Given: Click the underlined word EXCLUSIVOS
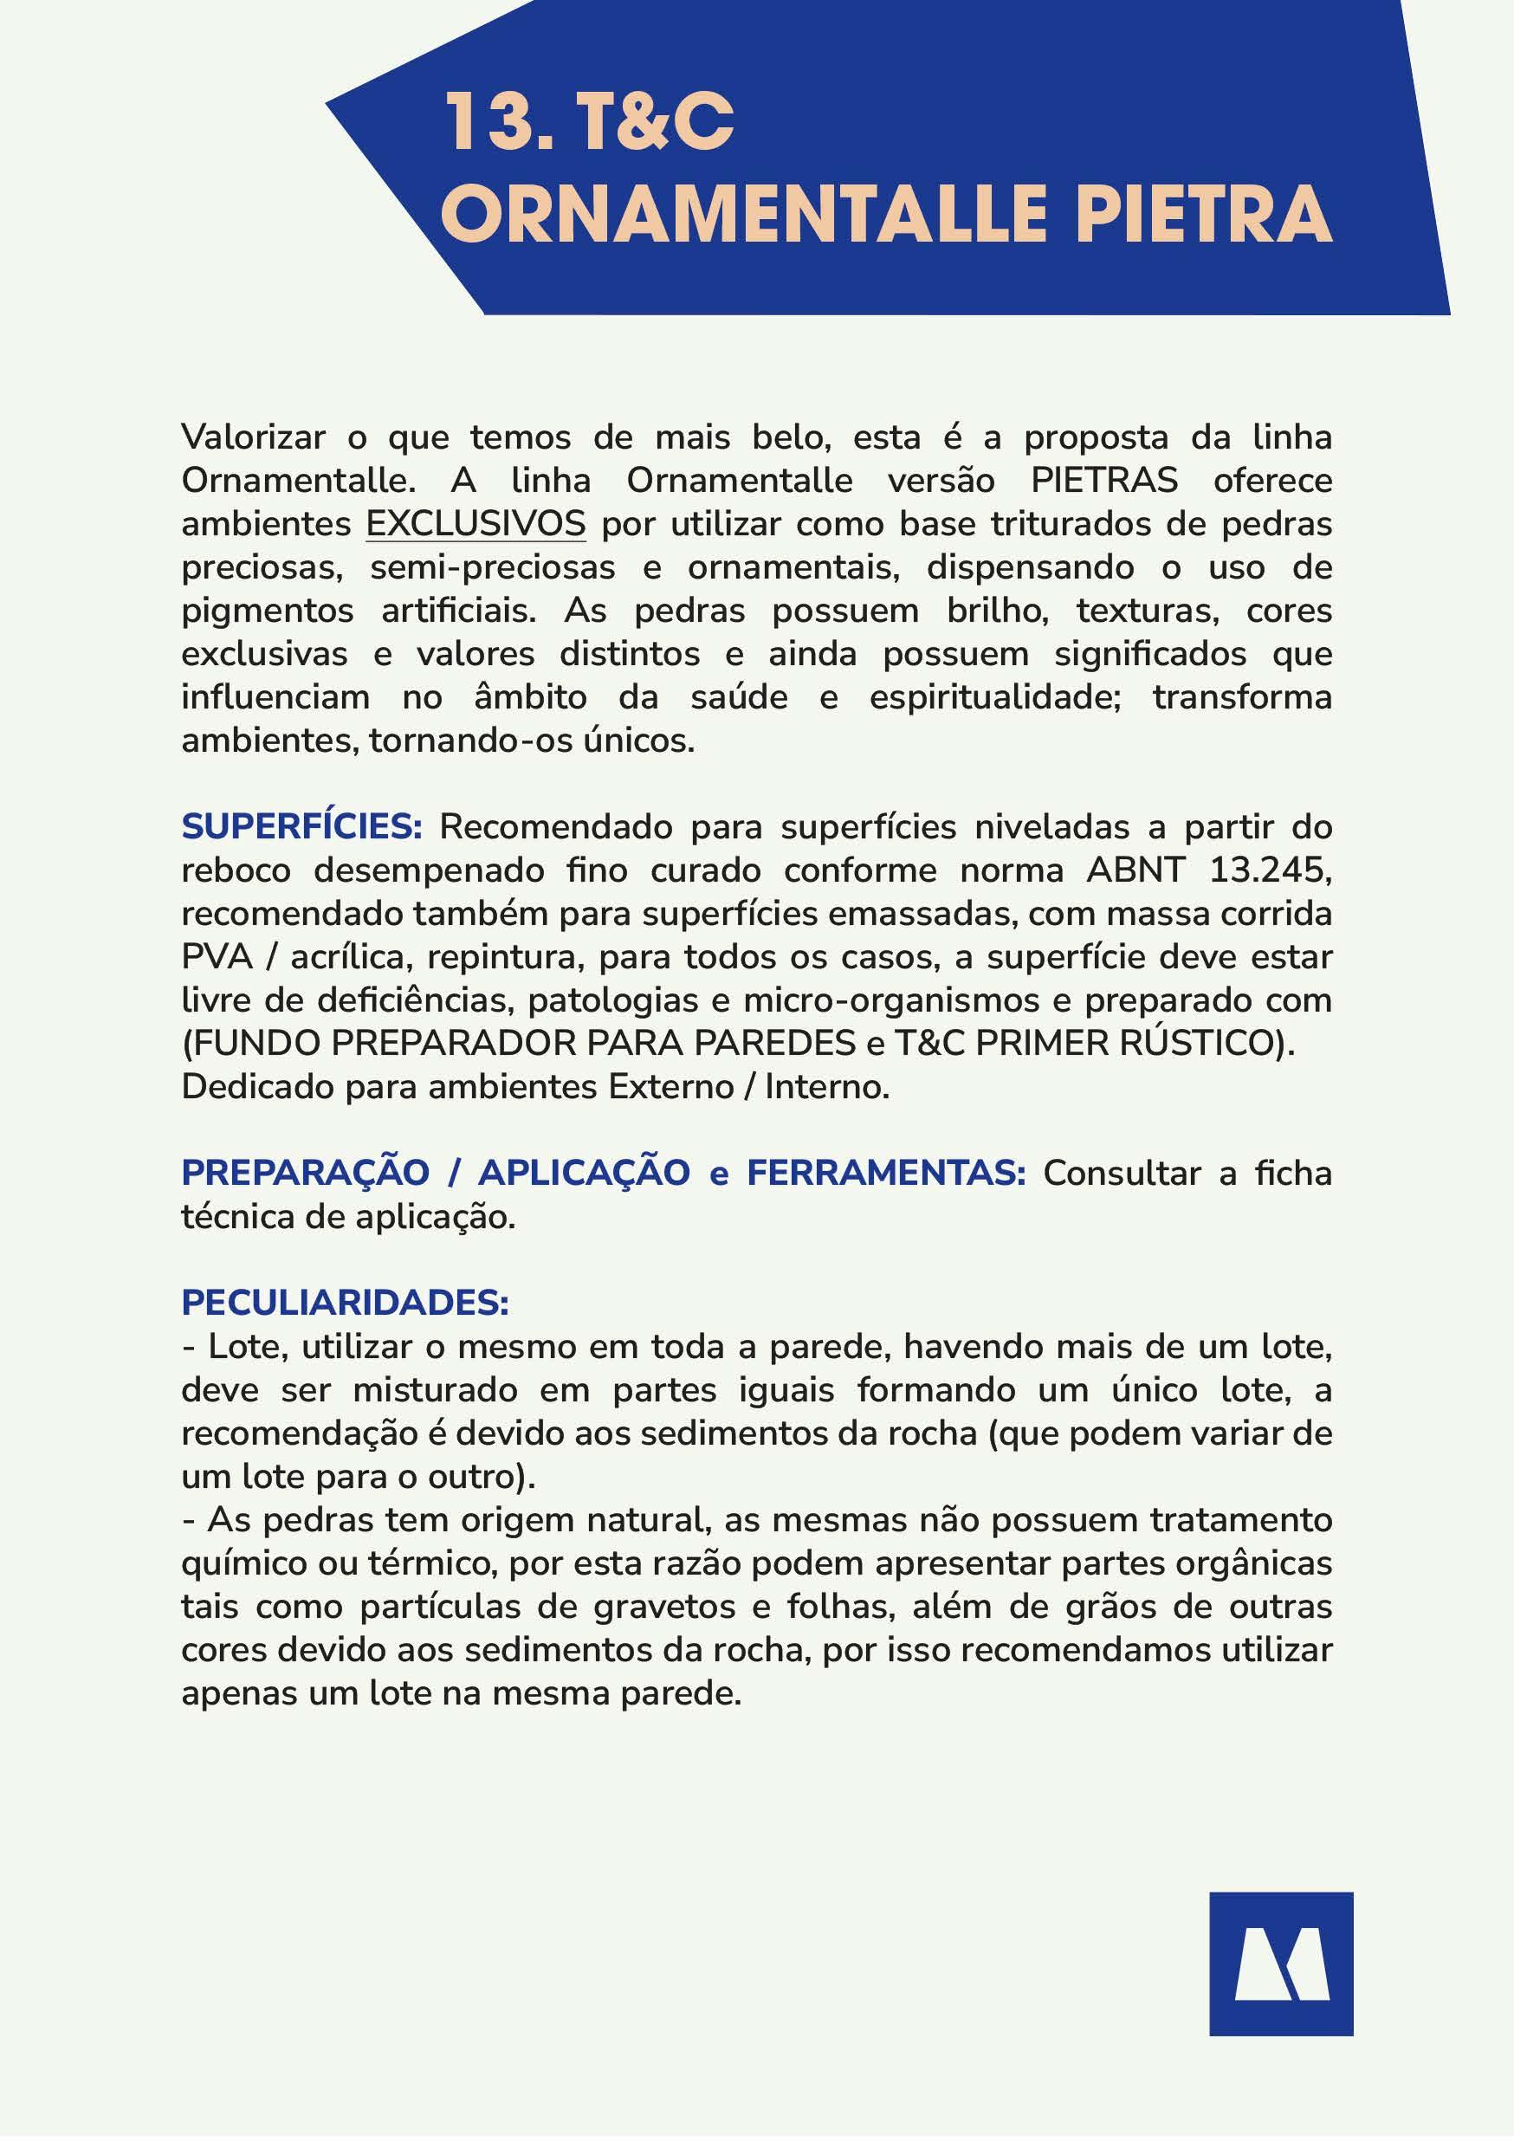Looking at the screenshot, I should (476, 524).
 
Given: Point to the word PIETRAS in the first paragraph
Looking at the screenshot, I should (1104, 481).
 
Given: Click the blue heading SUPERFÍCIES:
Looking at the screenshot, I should (302, 827).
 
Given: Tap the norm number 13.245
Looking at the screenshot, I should (1269, 871).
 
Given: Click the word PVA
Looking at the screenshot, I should (217, 957).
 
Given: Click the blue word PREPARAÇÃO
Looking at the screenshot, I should (305, 1172).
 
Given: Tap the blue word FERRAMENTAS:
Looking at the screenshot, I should (886, 1172).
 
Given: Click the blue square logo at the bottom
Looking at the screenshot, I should (1280, 1963).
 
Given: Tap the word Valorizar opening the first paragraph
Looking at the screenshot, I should (254, 437).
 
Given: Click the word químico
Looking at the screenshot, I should (244, 1563).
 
